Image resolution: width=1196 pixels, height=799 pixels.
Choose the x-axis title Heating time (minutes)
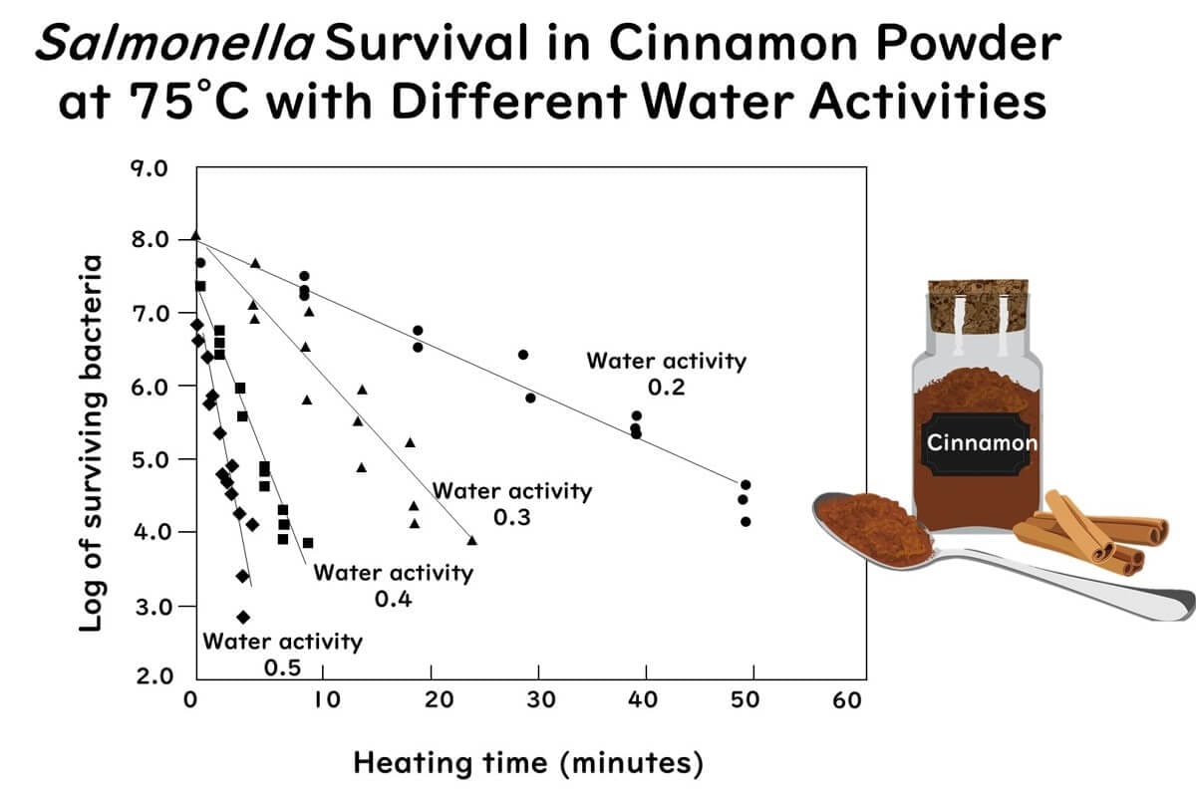coord(528,764)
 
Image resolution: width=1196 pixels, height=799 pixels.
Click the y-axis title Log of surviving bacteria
coord(92,442)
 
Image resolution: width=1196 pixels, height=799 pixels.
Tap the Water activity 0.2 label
coord(666,374)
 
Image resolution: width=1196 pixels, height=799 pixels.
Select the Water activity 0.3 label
coord(511,503)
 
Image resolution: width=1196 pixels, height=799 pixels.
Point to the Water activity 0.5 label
coord(282,653)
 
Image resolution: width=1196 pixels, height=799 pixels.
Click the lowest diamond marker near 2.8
coord(242,617)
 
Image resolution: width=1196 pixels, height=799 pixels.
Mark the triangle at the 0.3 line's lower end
coord(472,540)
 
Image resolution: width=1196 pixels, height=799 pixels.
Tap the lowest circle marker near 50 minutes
coord(745,521)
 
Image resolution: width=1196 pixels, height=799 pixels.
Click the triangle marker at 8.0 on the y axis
coord(195,236)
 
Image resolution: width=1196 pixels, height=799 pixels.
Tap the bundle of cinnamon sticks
coord(1091,538)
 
